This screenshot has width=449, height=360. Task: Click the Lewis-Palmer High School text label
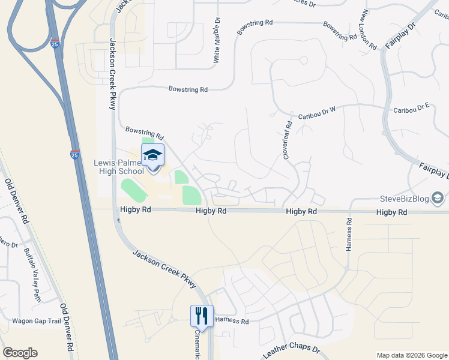coord(118,167)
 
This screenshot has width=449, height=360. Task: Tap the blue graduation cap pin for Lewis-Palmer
coord(152,156)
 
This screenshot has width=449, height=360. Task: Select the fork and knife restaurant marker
coord(202,316)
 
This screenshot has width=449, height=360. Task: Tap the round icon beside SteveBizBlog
coord(438,198)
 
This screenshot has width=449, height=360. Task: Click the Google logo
coord(20,353)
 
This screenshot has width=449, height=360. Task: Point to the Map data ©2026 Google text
coord(411,355)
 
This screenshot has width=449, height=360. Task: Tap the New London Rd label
coord(368,30)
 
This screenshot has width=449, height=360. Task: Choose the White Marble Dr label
coord(217,41)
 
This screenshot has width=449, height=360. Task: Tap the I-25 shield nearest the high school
coord(74,155)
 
